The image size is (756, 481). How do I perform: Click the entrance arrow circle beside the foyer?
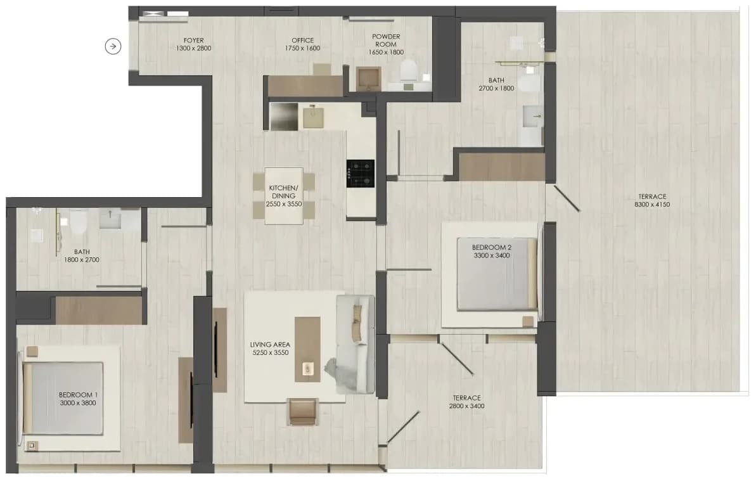coord(113,46)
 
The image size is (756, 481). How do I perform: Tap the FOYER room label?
coord(193,41)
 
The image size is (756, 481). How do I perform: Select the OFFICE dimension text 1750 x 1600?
coord(302,48)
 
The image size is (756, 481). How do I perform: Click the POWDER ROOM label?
coord(386,40)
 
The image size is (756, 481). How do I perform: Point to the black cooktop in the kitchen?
coord(361,174)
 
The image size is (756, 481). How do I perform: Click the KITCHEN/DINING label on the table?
coord(283,192)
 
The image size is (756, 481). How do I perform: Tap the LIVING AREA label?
coord(270,345)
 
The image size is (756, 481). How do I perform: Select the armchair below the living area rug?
coord(303,412)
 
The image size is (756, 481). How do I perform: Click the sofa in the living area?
coord(356,344)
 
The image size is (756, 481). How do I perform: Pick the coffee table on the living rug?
coord(307,349)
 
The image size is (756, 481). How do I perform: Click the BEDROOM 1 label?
coord(78,395)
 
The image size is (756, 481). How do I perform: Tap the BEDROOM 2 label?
coord(492,247)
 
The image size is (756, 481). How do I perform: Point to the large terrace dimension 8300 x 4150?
coord(652,204)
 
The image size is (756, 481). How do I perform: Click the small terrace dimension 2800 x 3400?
coord(466,406)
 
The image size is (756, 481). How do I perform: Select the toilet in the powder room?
coord(408,70)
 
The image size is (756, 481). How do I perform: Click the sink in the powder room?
coord(369,79)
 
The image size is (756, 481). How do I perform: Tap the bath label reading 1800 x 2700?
coord(82,260)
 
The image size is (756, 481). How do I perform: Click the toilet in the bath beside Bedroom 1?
coord(78,222)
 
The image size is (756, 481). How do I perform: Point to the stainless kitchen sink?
coord(283,116)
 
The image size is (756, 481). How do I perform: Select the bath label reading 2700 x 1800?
coord(496,88)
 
